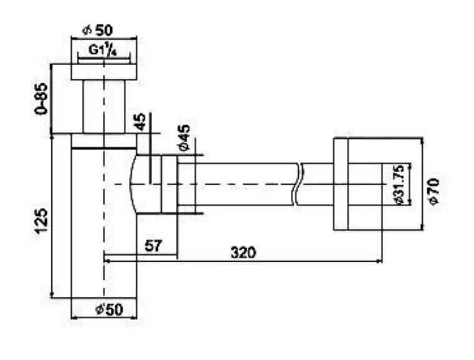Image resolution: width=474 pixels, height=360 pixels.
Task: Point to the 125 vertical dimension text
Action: coord(41,220)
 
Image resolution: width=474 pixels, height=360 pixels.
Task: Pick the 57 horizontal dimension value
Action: coord(152,246)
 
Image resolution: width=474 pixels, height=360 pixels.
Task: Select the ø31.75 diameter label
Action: coord(398,185)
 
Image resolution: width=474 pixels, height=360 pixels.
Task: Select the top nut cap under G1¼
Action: coord(104,71)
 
